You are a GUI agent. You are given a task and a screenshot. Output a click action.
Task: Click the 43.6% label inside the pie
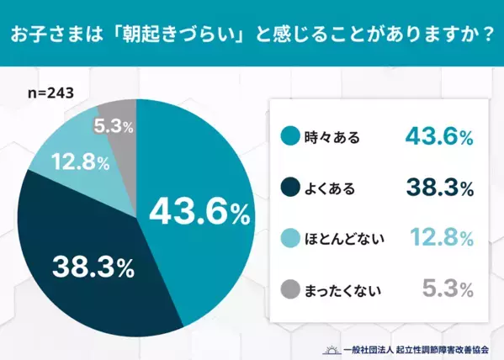(x=199, y=212)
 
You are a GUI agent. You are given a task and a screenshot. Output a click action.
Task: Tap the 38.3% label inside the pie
(x=93, y=267)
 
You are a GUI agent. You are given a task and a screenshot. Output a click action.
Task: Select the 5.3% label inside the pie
(x=114, y=128)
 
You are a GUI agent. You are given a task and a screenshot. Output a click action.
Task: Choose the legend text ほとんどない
(x=343, y=241)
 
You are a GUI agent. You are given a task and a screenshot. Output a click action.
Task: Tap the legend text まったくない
(x=343, y=292)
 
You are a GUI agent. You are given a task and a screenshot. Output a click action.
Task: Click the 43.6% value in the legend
(x=438, y=137)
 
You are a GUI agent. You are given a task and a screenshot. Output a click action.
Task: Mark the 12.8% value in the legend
(x=438, y=240)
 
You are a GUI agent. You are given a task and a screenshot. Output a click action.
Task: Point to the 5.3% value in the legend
(x=445, y=291)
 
